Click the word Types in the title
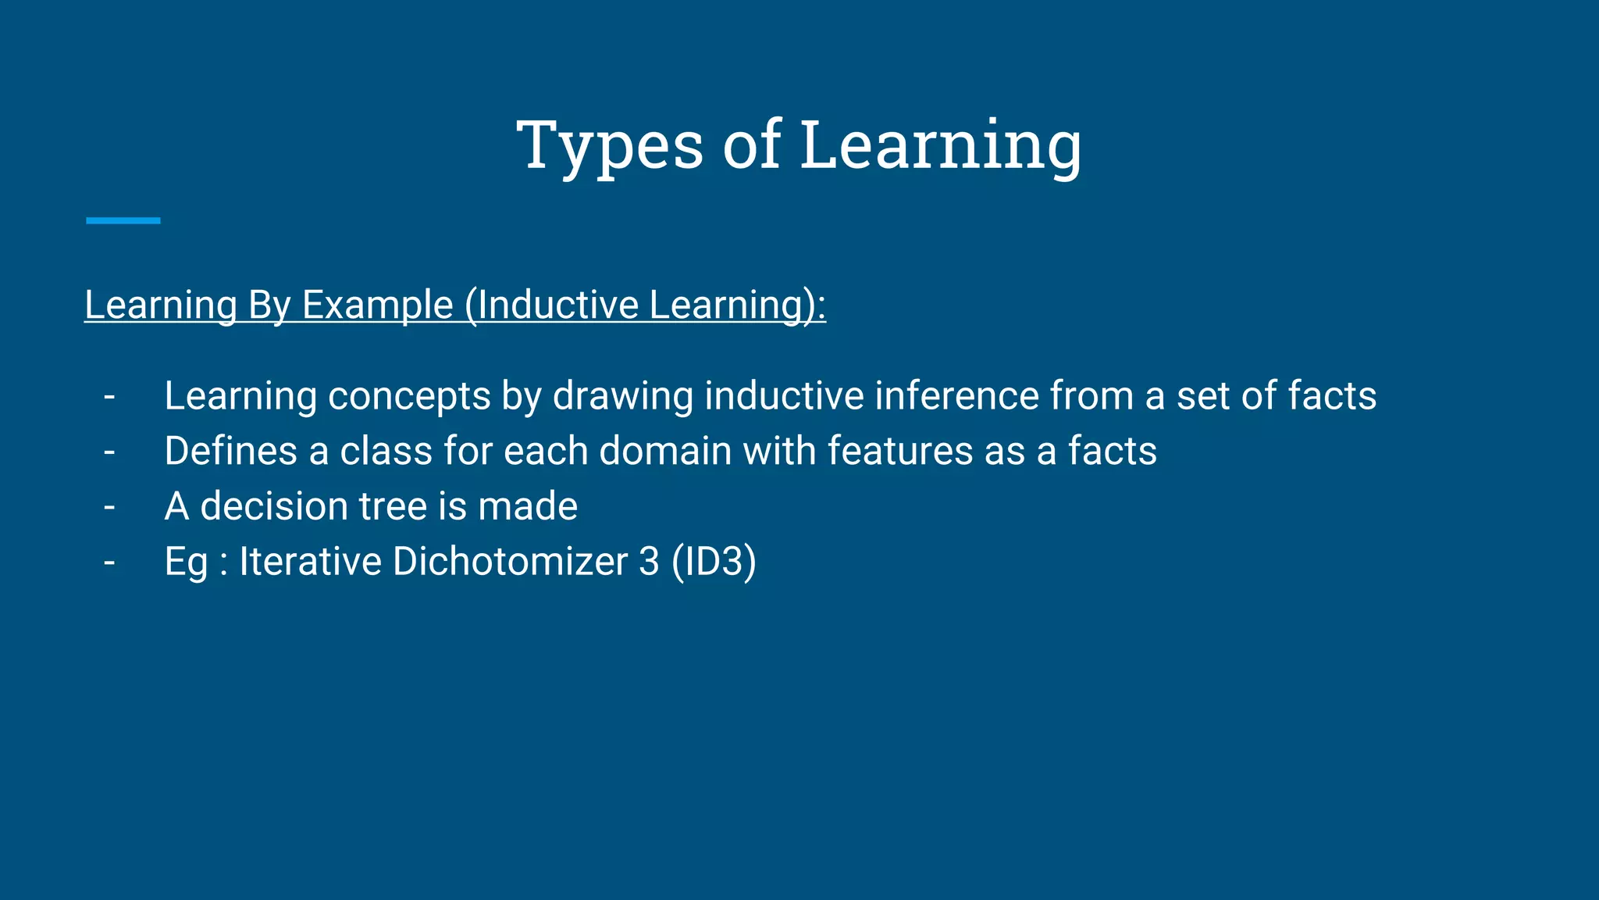610,146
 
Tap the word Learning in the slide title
941,146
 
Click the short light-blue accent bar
123,221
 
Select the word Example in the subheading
377,305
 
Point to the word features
900,451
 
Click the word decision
274,506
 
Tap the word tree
394,506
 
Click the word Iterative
310,562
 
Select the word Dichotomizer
511,562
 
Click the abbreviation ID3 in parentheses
714,562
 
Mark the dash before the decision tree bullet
109,507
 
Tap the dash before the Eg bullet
109,562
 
